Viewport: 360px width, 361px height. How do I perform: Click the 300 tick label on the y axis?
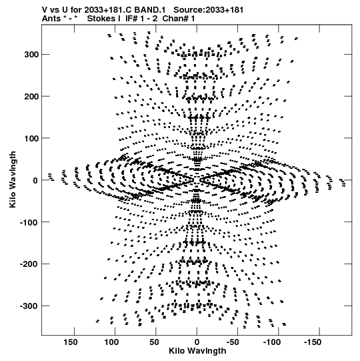coord(31,55)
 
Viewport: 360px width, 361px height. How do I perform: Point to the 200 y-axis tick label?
coord(31,97)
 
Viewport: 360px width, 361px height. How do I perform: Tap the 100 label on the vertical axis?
coord(31,138)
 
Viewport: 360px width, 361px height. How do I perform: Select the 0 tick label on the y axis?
coord(35,180)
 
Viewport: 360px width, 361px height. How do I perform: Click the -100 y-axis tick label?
coord(30,222)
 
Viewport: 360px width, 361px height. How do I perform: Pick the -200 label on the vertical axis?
coord(30,264)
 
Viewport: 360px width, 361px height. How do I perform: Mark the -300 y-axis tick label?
coord(30,306)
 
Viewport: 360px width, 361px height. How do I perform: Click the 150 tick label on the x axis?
coord(71,342)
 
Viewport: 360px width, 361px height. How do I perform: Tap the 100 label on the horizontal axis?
coord(111,342)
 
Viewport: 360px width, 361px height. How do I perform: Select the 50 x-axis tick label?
coord(154,342)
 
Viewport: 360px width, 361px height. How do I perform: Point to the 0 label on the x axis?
coord(197,342)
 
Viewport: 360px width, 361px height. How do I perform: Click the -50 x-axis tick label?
coord(233,342)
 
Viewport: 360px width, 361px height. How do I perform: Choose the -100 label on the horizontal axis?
coord(272,342)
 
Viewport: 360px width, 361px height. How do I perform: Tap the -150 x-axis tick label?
coord(313,342)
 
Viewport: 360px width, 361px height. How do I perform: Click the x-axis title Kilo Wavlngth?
coord(197,351)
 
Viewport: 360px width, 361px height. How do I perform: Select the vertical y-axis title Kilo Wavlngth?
coord(13,179)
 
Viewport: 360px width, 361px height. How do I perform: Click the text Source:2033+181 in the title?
coord(209,10)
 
